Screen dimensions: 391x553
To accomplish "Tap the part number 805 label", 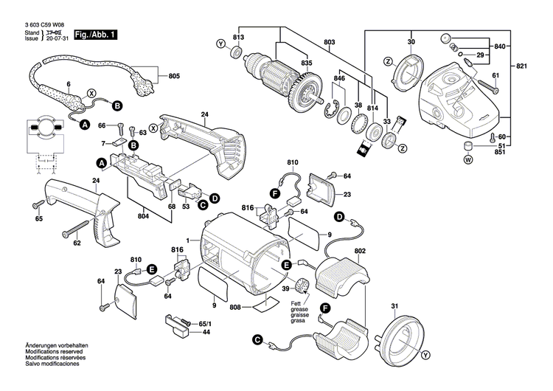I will [x=173, y=76].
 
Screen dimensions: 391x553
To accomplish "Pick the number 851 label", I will [x=501, y=151].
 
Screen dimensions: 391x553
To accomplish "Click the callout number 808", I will [x=236, y=306].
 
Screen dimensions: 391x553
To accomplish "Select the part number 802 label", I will [x=359, y=252].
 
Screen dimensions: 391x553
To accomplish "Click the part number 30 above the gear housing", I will [x=411, y=41].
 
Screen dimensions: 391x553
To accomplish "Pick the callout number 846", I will [x=338, y=77].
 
